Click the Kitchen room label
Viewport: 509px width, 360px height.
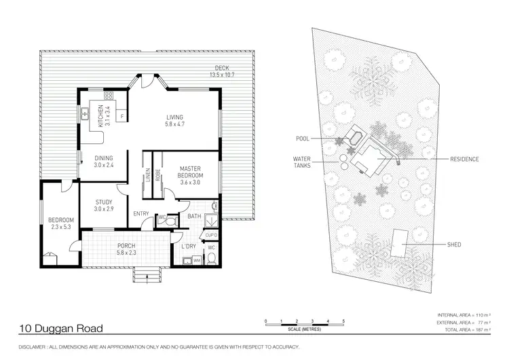(100, 116)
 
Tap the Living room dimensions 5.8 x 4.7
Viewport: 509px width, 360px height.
(174, 124)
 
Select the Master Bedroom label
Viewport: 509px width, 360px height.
(190, 172)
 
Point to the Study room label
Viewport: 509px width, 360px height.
(104, 202)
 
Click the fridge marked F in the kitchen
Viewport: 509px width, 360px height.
(122, 116)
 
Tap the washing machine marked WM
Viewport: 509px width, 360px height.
(197, 261)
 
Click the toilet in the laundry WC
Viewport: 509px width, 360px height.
(211, 259)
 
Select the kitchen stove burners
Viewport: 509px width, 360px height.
(108, 96)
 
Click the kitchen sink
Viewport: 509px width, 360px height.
(85, 114)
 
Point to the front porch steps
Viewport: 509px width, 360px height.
(147, 274)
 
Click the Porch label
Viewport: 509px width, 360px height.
(126, 246)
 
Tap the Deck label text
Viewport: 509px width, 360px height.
(222, 68)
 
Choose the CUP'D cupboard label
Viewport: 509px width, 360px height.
(211, 235)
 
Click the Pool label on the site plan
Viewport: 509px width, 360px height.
(303, 139)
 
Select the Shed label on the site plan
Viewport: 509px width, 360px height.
(454, 245)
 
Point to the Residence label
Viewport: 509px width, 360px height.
(464, 159)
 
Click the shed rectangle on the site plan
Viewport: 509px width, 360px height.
(400, 243)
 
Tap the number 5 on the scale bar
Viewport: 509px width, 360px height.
(343, 321)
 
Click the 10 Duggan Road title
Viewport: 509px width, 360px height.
(61, 329)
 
